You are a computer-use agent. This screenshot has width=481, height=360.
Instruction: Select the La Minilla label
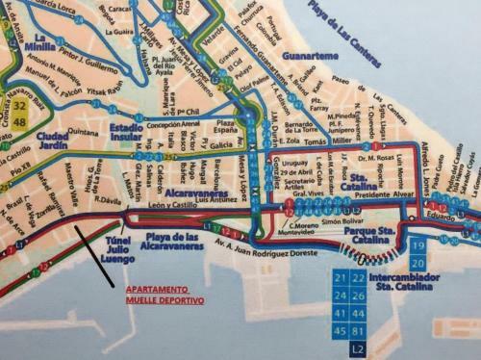tap(38, 46)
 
